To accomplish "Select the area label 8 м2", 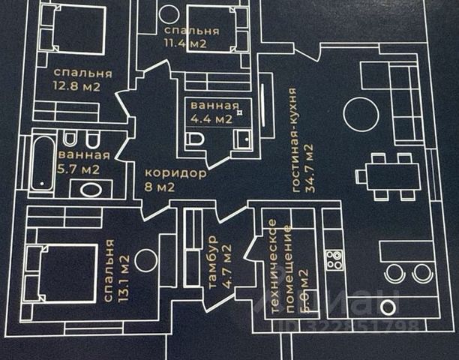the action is pos(159,187).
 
